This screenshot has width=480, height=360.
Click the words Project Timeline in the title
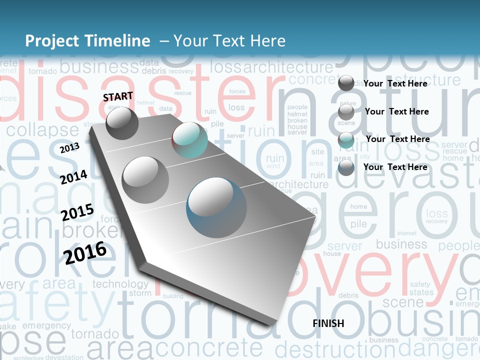(87, 41)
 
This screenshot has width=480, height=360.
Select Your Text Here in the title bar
(229, 41)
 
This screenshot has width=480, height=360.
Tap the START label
(118, 96)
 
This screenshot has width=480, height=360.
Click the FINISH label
(328, 323)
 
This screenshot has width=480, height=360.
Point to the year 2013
(69, 148)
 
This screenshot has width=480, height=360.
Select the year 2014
(73, 177)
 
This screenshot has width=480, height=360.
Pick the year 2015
(77, 212)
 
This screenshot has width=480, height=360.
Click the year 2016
(85, 252)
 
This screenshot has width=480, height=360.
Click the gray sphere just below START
(122, 123)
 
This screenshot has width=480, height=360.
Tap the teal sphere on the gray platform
(189, 140)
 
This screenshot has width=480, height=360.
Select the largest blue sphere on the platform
(216, 207)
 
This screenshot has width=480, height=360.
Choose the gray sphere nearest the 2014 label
(145, 179)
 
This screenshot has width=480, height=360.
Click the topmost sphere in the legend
(346, 83)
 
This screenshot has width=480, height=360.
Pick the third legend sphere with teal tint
(346, 140)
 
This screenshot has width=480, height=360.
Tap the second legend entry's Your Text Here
(396, 111)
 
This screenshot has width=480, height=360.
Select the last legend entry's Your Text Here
(395, 167)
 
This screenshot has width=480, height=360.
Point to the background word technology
(120, 284)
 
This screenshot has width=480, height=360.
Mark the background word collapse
(42, 130)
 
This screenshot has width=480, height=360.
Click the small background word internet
(406, 233)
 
